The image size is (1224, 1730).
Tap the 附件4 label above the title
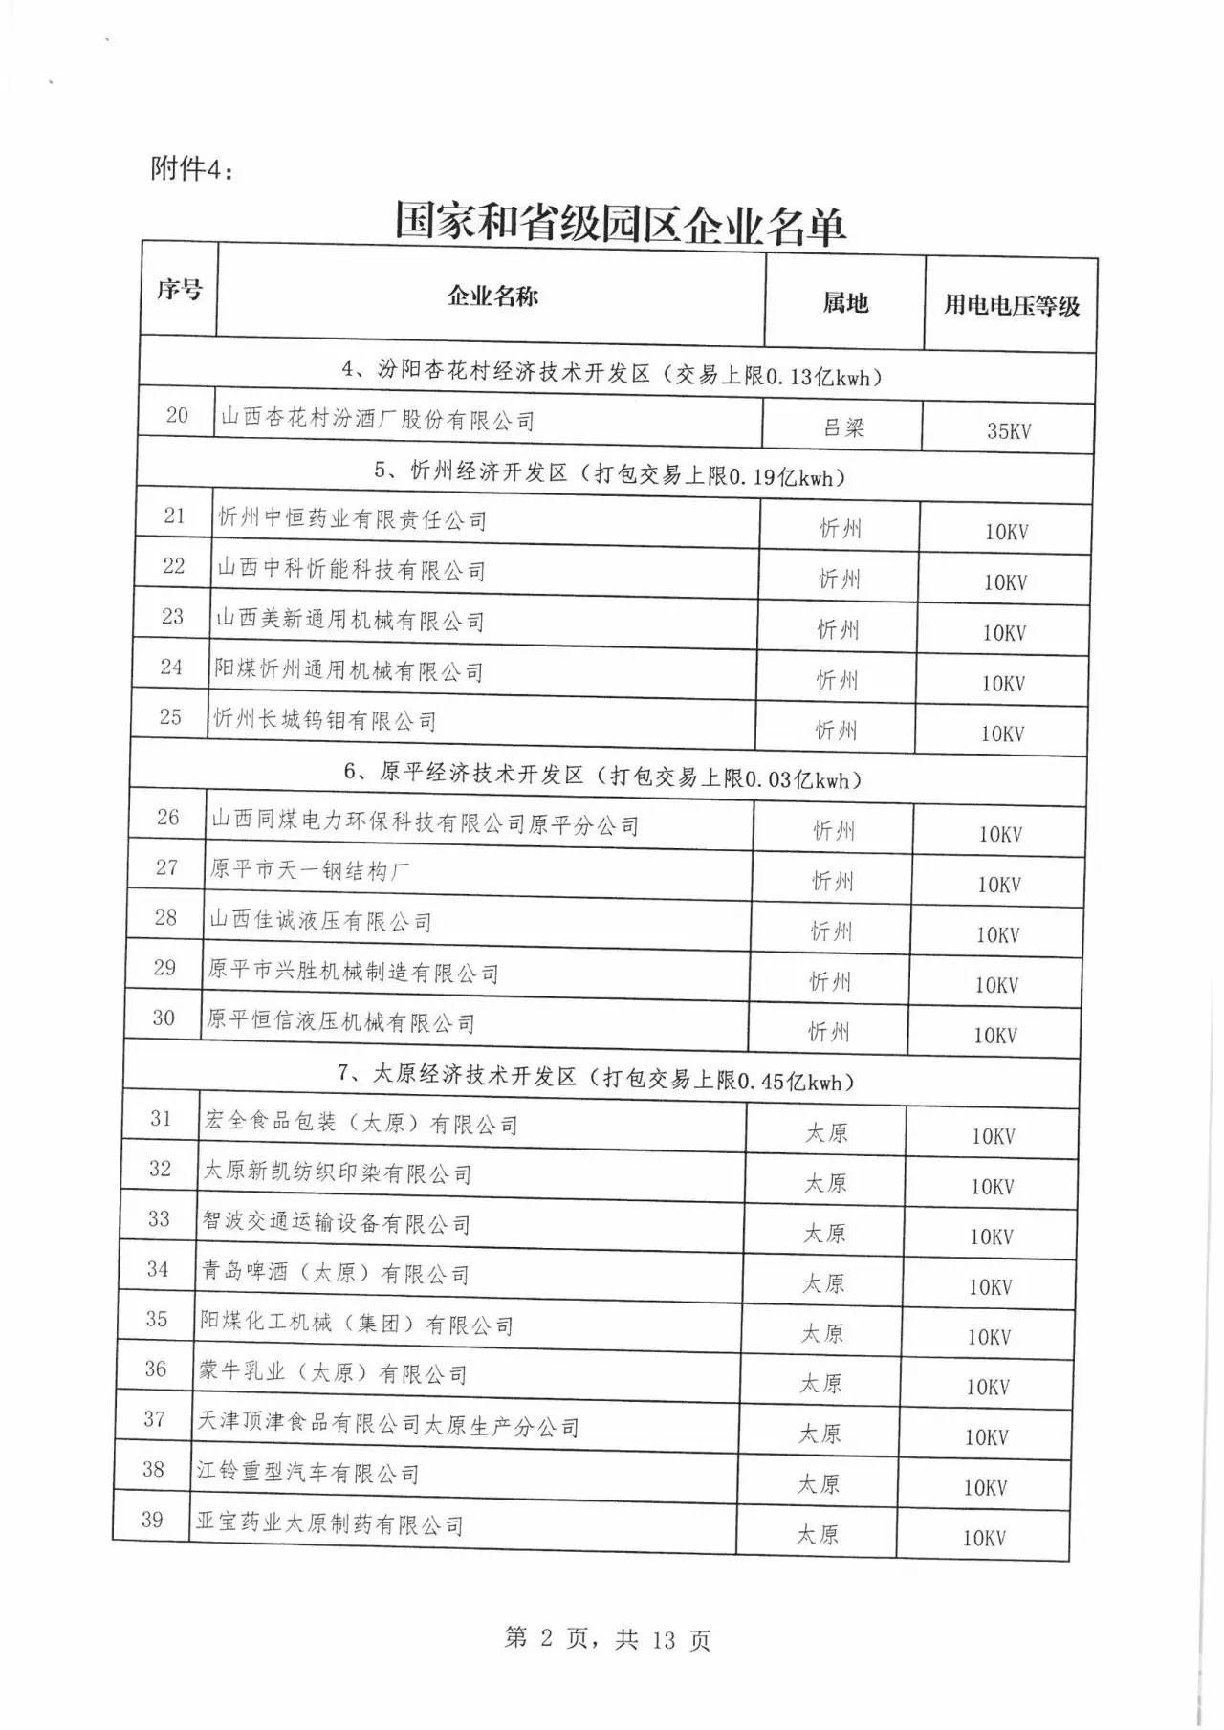[192, 169]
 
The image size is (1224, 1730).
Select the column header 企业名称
[492, 296]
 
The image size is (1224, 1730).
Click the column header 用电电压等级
[1012, 305]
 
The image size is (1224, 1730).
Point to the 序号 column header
[180, 289]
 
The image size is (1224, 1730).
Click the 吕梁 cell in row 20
[843, 427]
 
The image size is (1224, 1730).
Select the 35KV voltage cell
[1009, 430]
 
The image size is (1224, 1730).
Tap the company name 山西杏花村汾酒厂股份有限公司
[378, 419]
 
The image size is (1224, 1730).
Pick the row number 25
[170, 717]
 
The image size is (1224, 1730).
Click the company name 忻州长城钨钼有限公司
[325, 720]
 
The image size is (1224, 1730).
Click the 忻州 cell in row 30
[828, 1032]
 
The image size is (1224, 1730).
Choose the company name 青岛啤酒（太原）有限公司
[335, 1273]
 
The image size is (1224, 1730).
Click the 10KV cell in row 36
[987, 1387]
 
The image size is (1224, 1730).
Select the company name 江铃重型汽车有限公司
[308, 1473]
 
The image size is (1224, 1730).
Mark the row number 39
[152, 1520]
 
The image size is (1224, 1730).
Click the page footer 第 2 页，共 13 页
[607, 1639]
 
